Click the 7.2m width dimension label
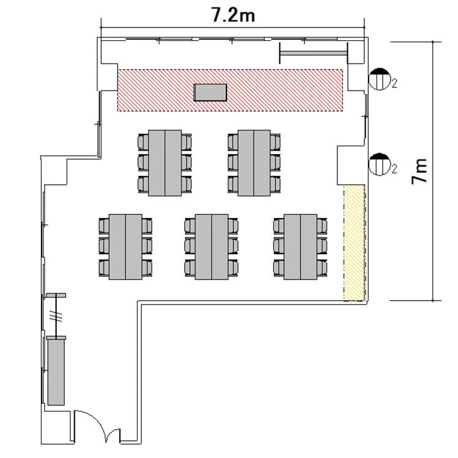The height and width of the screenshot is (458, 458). (x=233, y=15)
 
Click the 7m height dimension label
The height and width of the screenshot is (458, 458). (x=419, y=171)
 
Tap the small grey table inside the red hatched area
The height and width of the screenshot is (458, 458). (x=210, y=92)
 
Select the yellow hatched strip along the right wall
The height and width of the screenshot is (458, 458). (x=355, y=242)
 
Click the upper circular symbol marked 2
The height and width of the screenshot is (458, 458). (x=379, y=79)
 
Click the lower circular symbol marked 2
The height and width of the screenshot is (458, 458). (x=380, y=164)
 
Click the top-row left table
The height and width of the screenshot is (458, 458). (x=165, y=163)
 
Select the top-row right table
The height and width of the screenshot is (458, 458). (x=254, y=163)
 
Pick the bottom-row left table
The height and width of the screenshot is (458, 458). (x=126, y=247)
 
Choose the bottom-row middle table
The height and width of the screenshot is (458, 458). (x=212, y=247)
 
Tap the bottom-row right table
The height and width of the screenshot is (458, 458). (x=301, y=247)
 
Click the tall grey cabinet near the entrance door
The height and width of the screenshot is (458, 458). (x=56, y=372)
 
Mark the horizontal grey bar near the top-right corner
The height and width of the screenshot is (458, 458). (x=313, y=53)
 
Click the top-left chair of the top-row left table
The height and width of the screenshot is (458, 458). (x=143, y=142)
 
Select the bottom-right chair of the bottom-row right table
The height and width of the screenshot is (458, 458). (x=322, y=268)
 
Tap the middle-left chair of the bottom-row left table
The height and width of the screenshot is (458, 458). (x=104, y=246)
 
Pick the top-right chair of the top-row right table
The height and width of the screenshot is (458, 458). (x=275, y=142)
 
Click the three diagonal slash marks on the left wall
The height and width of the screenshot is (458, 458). (x=56, y=316)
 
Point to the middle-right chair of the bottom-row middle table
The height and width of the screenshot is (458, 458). (x=233, y=246)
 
